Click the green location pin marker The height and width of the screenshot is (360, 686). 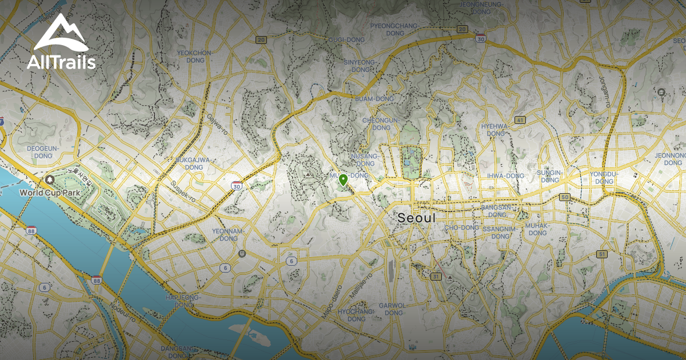(x=343, y=181)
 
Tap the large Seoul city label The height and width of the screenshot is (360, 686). (x=416, y=218)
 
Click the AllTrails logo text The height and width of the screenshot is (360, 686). (x=61, y=62)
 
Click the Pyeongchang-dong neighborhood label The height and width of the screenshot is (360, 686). (x=394, y=30)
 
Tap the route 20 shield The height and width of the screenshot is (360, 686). (x=261, y=39)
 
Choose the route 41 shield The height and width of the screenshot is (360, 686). (x=520, y=120)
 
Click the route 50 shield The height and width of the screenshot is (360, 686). (x=565, y=197)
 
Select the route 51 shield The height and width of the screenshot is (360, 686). (x=601, y=254)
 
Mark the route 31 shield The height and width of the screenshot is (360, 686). (x=436, y=277)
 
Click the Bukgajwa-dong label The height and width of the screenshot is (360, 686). (x=194, y=163)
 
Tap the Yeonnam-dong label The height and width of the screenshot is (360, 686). (x=225, y=234)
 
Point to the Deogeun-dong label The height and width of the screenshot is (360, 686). (x=43, y=152)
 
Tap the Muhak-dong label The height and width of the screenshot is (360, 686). (x=537, y=229)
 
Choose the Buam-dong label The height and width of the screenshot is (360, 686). (x=374, y=99)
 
